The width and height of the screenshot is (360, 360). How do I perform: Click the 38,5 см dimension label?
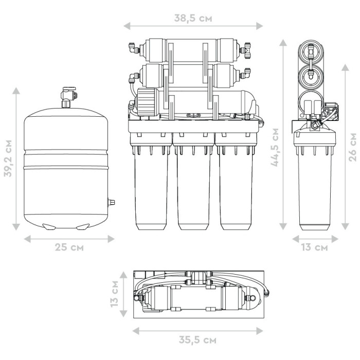[x=193, y=18]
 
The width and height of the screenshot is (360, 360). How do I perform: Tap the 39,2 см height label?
[x=8, y=158]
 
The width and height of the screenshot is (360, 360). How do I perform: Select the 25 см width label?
[x=69, y=247]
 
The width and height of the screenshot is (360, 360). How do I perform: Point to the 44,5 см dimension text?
[x=275, y=147]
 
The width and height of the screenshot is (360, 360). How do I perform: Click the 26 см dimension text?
[x=352, y=147]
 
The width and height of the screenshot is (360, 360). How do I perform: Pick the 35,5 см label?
[x=197, y=340]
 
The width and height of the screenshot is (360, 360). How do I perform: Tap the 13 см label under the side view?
[x=315, y=247]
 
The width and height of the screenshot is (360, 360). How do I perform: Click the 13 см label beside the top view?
[x=114, y=294]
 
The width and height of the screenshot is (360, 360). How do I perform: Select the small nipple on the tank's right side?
[x=112, y=203]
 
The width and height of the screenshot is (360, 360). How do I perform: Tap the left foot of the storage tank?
[x=49, y=227]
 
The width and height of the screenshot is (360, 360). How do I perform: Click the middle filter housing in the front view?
[x=193, y=182]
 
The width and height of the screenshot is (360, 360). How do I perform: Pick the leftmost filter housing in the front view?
[x=151, y=182]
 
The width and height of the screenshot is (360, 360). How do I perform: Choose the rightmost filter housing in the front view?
[x=236, y=182]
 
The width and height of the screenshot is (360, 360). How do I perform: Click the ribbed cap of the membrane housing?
[x=147, y=102]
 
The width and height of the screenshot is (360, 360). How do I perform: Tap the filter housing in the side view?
[x=315, y=179]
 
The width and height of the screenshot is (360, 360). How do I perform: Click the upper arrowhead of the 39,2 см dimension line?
[x=16, y=91]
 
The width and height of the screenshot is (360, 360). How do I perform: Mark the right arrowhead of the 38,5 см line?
[x=259, y=26]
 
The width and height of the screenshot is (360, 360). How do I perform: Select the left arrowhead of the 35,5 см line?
[x=136, y=331]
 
